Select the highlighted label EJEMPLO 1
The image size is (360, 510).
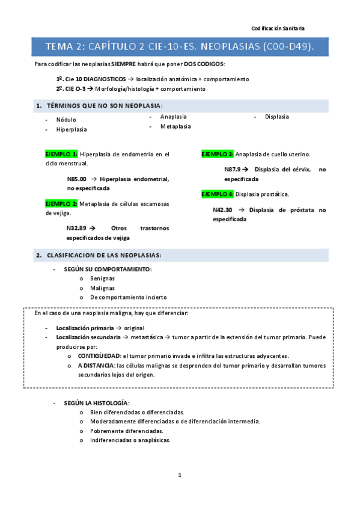61,154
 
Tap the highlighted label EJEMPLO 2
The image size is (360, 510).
61,203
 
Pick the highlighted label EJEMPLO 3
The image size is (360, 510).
217,154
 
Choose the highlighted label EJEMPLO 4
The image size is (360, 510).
217,194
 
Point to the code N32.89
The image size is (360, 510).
77,228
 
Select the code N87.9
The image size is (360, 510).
234,170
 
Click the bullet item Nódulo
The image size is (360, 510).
66,120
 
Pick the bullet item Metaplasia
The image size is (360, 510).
175,126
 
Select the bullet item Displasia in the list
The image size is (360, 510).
276,117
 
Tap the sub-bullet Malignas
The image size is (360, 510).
102,287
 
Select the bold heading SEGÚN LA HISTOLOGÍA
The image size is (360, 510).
97,403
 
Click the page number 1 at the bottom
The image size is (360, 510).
180,475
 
